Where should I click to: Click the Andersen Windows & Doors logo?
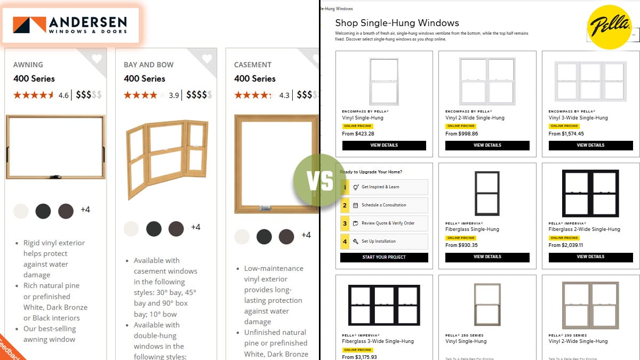coord(70,25)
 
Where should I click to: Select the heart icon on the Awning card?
coord(97,59)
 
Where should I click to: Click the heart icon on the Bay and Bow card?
coord(207,59)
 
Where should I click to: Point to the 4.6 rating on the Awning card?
coord(63,95)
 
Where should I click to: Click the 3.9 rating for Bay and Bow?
coord(174,95)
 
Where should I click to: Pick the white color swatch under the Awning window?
coord(21,211)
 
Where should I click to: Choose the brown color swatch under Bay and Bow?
coord(176,229)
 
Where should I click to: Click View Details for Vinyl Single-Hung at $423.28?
coord(384,145)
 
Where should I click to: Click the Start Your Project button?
coord(384,257)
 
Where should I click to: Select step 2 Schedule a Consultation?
coord(384,205)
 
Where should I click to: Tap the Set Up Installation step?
coord(384,241)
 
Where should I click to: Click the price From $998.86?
coord(462,134)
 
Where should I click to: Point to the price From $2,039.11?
coord(566,245)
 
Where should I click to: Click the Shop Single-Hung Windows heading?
coord(397,23)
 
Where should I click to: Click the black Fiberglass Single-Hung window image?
coord(487,194)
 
